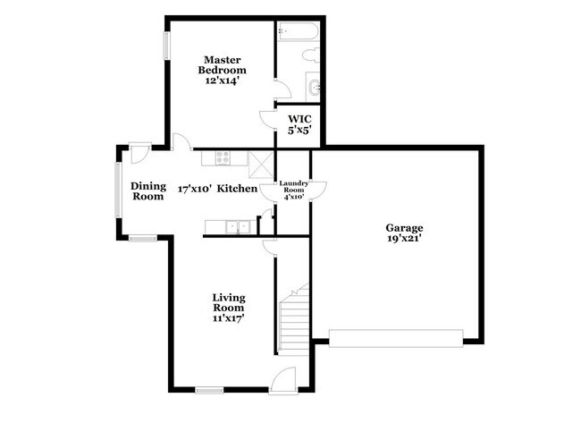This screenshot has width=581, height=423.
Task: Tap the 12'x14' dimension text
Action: pyautogui.click(x=222, y=80)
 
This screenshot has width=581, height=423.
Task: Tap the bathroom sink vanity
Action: pyautogui.click(x=314, y=88)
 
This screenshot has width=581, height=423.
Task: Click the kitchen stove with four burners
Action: pyautogui.click(x=223, y=157)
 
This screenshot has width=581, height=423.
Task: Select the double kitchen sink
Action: pyautogui.click(x=237, y=226)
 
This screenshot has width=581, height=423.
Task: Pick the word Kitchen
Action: pyautogui.click(x=238, y=189)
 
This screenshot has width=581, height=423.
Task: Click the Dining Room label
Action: pyautogui.click(x=147, y=190)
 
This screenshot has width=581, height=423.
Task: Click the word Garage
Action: pyautogui.click(x=404, y=228)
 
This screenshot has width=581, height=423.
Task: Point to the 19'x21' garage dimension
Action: pyautogui.click(x=404, y=241)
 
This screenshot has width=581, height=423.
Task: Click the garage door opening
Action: pyautogui.click(x=396, y=337)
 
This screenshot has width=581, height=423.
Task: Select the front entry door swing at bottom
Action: pyautogui.click(x=282, y=382)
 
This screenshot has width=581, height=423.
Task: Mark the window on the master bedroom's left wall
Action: pyautogui.click(x=165, y=46)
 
